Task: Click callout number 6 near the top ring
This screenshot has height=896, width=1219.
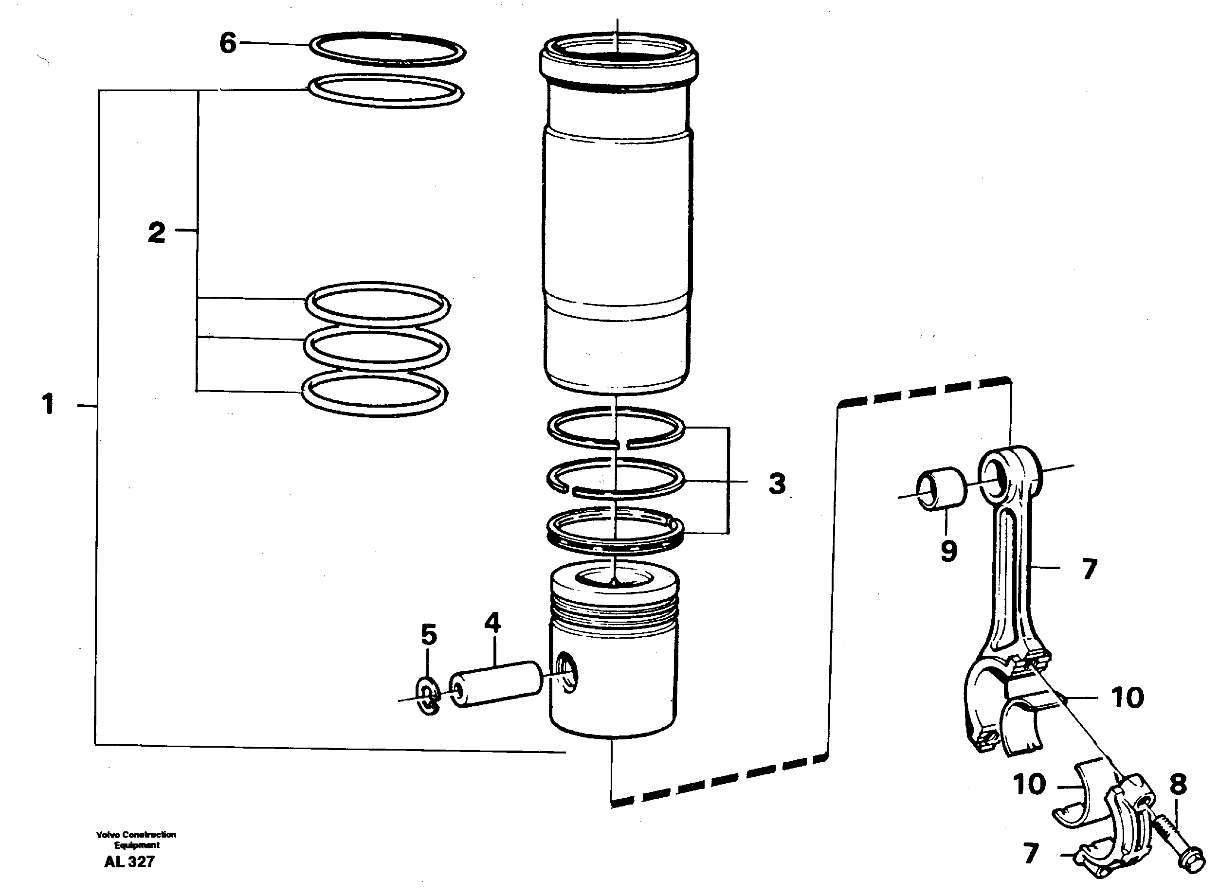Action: [x=228, y=43]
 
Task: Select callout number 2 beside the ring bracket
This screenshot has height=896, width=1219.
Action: [x=156, y=233]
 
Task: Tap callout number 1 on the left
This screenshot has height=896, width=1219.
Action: [x=48, y=404]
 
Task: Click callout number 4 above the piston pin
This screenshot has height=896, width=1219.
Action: [x=492, y=623]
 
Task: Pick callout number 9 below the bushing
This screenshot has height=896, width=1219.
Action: [x=948, y=551]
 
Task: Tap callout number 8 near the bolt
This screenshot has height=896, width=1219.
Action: [x=1178, y=784]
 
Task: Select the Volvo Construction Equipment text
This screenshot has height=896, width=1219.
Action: [x=136, y=840]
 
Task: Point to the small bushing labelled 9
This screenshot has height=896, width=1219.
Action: [x=941, y=488]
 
